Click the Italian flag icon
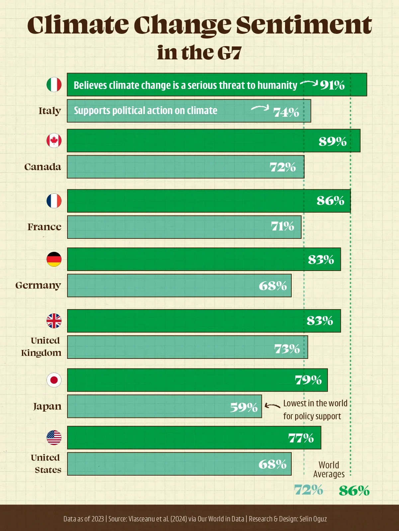[54, 85]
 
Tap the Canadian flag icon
[54, 141]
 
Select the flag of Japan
[54, 380]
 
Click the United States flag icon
[54, 437]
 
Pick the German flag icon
[54, 259]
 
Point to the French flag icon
[54, 201]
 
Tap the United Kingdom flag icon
[54, 321]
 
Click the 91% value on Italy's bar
[332, 85]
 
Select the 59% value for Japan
[244, 407]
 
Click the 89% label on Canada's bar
[333, 141]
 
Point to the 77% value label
[301, 438]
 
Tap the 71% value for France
[282, 226]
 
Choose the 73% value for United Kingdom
[287, 349]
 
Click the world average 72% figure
[308, 490]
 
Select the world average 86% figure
[354, 491]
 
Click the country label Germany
[38, 285]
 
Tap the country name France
[45, 227]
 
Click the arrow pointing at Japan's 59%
[272, 406]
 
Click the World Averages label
[329, 469]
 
